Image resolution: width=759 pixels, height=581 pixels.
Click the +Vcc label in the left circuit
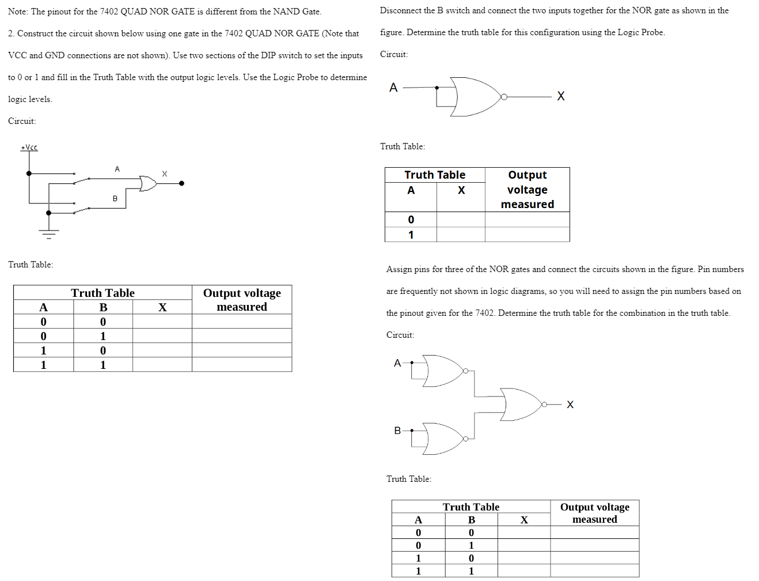tap(29, 148)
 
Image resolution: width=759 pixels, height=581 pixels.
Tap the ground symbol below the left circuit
tap(48, 233)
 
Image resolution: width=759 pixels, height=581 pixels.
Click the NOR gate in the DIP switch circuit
tap(148, 183)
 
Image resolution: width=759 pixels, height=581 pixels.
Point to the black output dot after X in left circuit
tap(181, 183)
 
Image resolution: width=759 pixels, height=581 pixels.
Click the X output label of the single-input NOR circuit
tap(561, 96)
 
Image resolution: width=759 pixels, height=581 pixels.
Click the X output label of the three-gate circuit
tap(570, 405)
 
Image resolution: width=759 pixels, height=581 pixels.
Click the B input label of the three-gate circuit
tap(397, 431)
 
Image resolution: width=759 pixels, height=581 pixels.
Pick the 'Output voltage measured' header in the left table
tap(242, 300)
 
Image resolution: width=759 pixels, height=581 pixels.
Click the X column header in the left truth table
tap(162, 307)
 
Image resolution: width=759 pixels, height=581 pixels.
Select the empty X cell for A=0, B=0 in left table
tap(162, 322)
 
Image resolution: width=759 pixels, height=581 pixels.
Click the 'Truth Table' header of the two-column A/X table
tap(435, 175)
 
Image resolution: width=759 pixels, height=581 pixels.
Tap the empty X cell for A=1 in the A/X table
tap(461, 235)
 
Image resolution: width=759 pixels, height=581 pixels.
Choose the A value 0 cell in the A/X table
tap(411, 220)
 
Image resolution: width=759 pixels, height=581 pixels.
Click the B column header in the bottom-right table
tap(471, 520)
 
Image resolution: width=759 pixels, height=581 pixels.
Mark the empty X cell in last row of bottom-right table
tap(524, 571)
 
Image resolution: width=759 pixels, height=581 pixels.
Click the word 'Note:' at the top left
tap(18, 12)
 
